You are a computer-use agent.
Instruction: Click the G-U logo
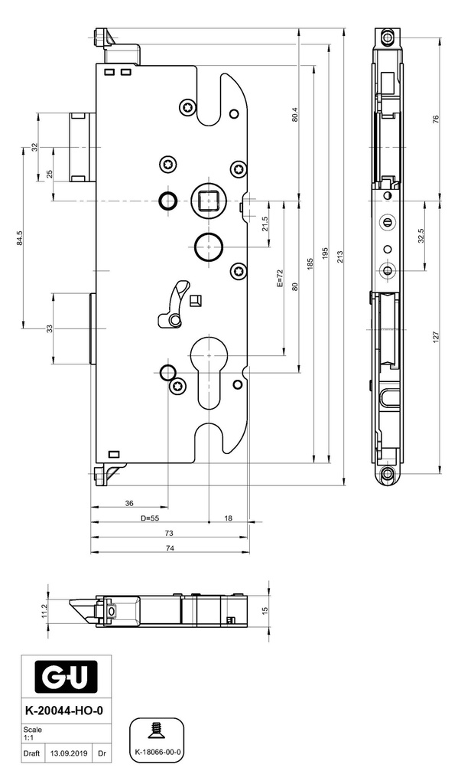pos(66,680)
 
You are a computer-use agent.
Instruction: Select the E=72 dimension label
pos(280,279)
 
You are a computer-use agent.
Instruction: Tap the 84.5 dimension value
pos(20,238)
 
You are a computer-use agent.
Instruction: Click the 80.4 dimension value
pos(294,115)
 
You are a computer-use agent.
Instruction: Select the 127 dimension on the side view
pos(436,337)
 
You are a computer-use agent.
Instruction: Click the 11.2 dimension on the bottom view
pos(44,611)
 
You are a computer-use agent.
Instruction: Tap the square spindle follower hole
pos(206,201)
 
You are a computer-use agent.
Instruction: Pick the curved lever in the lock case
pos(173,306)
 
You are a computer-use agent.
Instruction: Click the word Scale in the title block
pos(32,730)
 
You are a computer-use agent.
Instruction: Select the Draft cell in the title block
pos(31,753)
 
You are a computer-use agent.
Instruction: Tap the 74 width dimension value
pos(170,548)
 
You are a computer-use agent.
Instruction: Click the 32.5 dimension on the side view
pos(421,236)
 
